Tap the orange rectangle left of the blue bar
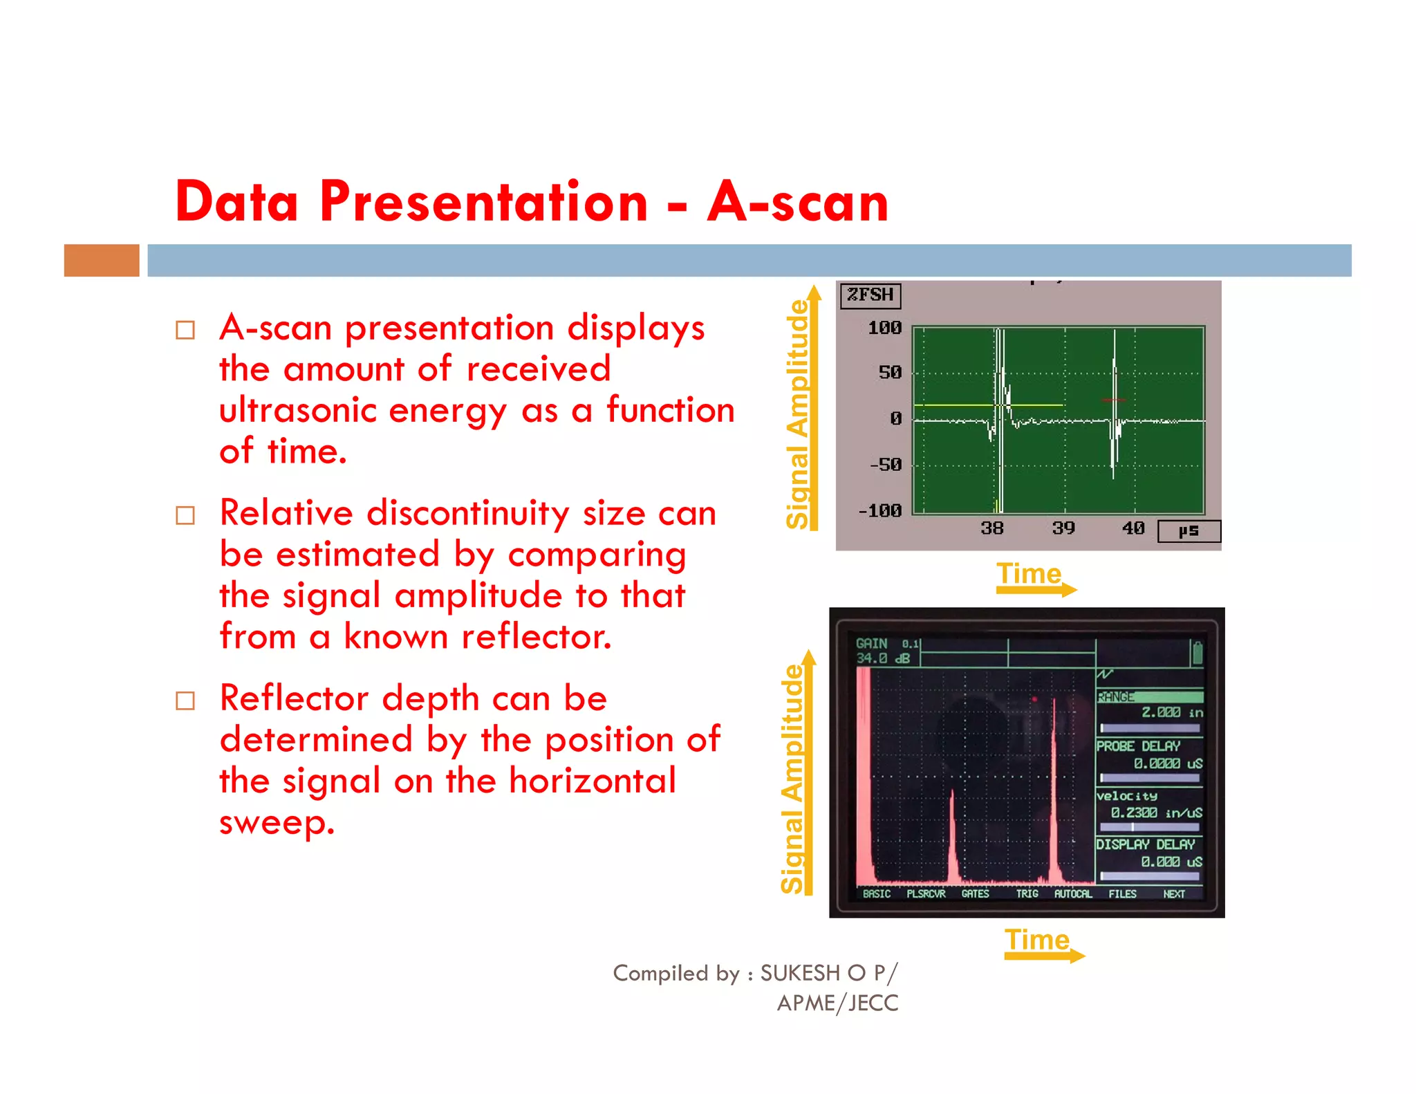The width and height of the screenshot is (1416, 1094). (x=102, y=260)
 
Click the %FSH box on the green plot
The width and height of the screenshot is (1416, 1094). (x=870, y=295)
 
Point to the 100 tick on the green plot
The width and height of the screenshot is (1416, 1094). (x=884, y=328)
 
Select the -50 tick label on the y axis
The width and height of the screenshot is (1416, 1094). (x=886, y=465)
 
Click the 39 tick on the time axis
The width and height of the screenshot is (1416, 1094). (x=1063, y=528)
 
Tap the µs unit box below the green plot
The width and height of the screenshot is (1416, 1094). (x=1189, y=531)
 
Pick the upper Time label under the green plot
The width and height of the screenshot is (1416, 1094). (x=1028, y=574)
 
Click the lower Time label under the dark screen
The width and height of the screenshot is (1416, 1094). (x=1036, y=940)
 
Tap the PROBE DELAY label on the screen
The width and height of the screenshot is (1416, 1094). (x=1138, y=746)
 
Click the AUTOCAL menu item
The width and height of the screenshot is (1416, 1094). (x=1072, y=894)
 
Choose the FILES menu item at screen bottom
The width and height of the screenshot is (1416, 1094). (x=1122, y=894)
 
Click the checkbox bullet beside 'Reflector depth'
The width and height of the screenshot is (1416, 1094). (x=185, y=701)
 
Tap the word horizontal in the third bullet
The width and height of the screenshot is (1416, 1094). (x=592, y=781)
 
